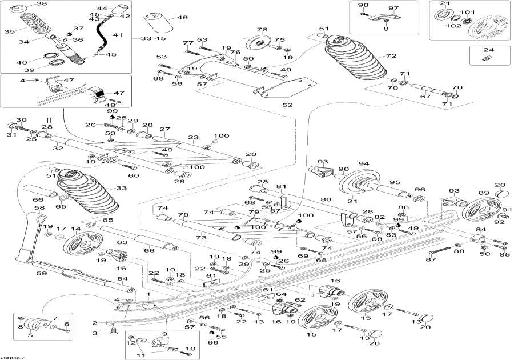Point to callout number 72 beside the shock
point(391,56)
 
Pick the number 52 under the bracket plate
point(287,104)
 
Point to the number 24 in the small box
point(487,50)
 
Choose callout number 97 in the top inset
point(393,7)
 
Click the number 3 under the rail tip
point(97,333)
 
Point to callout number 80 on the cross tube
point(326,200)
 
